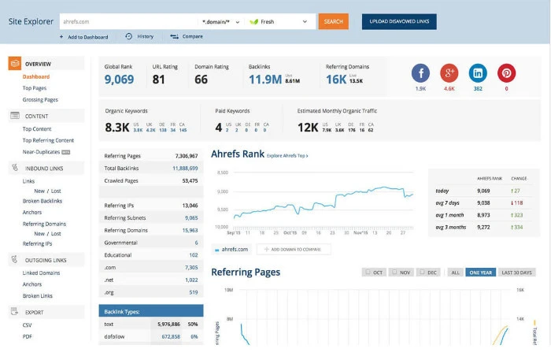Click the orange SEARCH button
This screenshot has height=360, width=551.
pyautogui.click(x=334, y=21)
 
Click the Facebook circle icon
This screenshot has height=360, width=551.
pyautogui.click(x=420, y=72)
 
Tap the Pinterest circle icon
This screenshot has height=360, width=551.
pyautogui.click(x=505, y=72)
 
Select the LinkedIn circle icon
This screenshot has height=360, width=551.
pyautogui.click(x=477, y=72)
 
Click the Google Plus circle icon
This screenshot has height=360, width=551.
pyautogui.click(x=449, y=72)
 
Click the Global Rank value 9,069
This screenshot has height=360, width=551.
pyautogui.click(x=119, y=80)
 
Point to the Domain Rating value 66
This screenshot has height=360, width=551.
pyautogui.click(x=202, y=80)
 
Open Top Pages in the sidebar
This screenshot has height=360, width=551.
pyautogui.click(x=34, y=88)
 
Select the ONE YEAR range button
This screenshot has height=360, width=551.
pyautogui.click(x=480, y=273)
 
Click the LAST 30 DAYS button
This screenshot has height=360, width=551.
pyautogui.click(x=516, y=273)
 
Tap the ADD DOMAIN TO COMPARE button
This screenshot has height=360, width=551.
pyautogui.click(x=294, y=249)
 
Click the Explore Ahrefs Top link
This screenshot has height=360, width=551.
pyautogui.click(x=287, y=156)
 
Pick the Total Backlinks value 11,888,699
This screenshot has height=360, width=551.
pyautogui.click(x=184, y=169)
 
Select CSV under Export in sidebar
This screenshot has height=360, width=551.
pyautogui.click(x=28, y=325)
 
